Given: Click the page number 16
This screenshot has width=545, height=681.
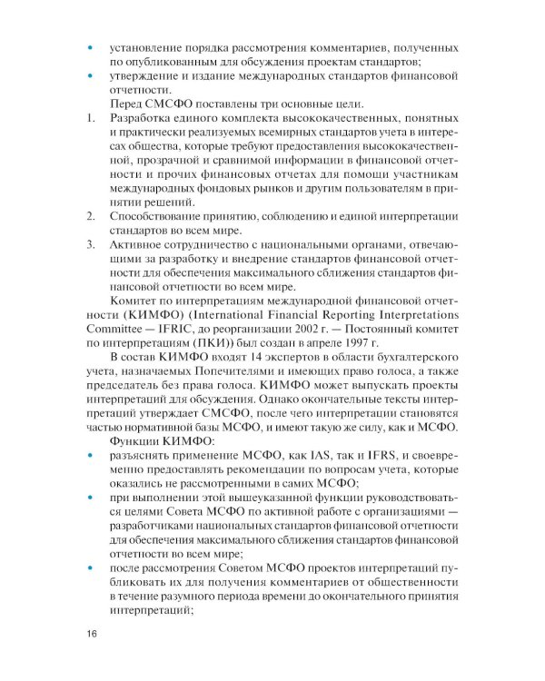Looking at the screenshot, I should (91, 633).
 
